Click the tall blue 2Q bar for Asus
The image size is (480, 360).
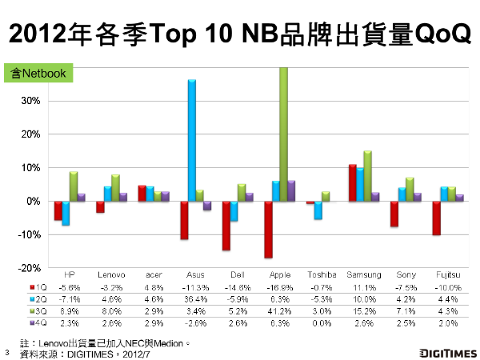pyautogui.click(x=192, y=140)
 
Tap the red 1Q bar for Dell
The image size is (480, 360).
pyautogui.click(x=226, y=226)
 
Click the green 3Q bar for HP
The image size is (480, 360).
pyautogui.click(x=74, y=186)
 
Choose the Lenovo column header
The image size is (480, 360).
pyautogui.click(x=110, y=274)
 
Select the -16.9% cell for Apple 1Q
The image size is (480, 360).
pyautogui.click(x=278, y=285)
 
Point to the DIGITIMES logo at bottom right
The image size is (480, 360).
pyautogui.click(x=447, y=351)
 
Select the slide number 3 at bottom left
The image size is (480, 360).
pyautogui.click(x=6, y=352)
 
